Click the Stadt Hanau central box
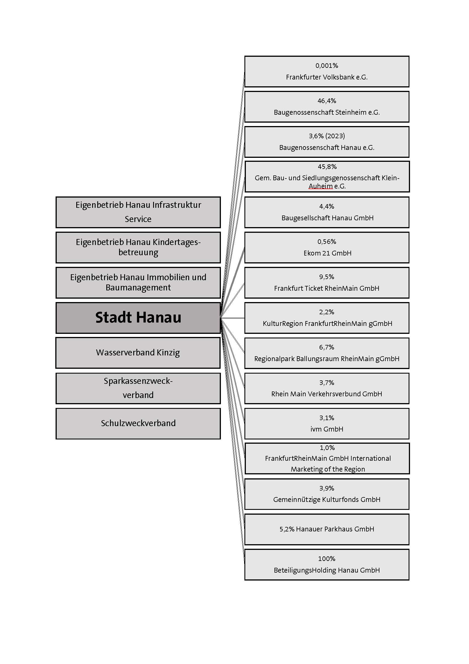pyautogui.click(x=138, y=318)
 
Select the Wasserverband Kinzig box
pyautogui.click(x=138, y=353)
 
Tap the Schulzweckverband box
pyautogui.click(x=138, y=423)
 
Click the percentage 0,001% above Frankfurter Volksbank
pyautogui.click(x=327, y=66)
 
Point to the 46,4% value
pyautogui.click(x=327, y=101)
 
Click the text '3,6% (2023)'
pyautogui.click(x=327, y=136)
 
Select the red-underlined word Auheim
pyautogui.click(x=321, y=186)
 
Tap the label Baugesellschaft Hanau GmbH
pyautogui.click(x=327, y=218)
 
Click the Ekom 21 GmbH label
pyautogui.click(x=327, y=253)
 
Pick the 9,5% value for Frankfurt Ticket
pyautogui.click(x=327, y=277)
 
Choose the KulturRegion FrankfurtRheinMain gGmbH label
pyautogui.click(x=327, y=323)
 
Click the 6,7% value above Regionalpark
pyautogui.click(x=327, y=347)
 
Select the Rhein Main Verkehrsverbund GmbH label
pyautogui.click(x=327, y=394)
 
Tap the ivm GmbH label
pyautogui.click(x=327, y=429)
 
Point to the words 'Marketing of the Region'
pyautogui.click(x=328, y=469)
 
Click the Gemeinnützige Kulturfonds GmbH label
pyautogui.click(x=327, y=499)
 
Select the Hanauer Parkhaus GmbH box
pyautogui.click(x=327, y=529)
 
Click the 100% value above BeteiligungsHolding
pyautogui.click(x=327, y=559)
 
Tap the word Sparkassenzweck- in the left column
pyautogui.click(x=138, y=381)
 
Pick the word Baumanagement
pyautogui.click(x=138, y=288)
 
